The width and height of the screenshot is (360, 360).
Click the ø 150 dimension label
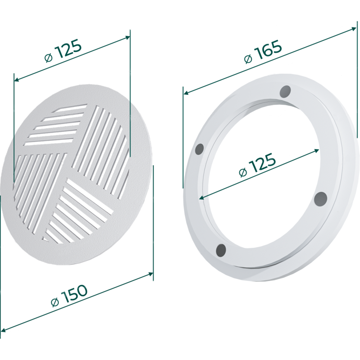click(69, 295)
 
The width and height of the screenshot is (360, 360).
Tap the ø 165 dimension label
click(263, 52)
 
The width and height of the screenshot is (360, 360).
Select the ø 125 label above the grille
click(63, 50)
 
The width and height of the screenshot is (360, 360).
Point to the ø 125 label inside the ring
click(257, 165)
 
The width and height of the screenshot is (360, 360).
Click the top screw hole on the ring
click(285, 91)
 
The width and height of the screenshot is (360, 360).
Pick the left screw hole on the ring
click(199, 149)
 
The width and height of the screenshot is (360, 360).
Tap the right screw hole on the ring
click(320, 199)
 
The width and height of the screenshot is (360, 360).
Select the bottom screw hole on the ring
click(221, 249)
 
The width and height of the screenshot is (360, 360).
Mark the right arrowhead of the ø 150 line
click(151, 274)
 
